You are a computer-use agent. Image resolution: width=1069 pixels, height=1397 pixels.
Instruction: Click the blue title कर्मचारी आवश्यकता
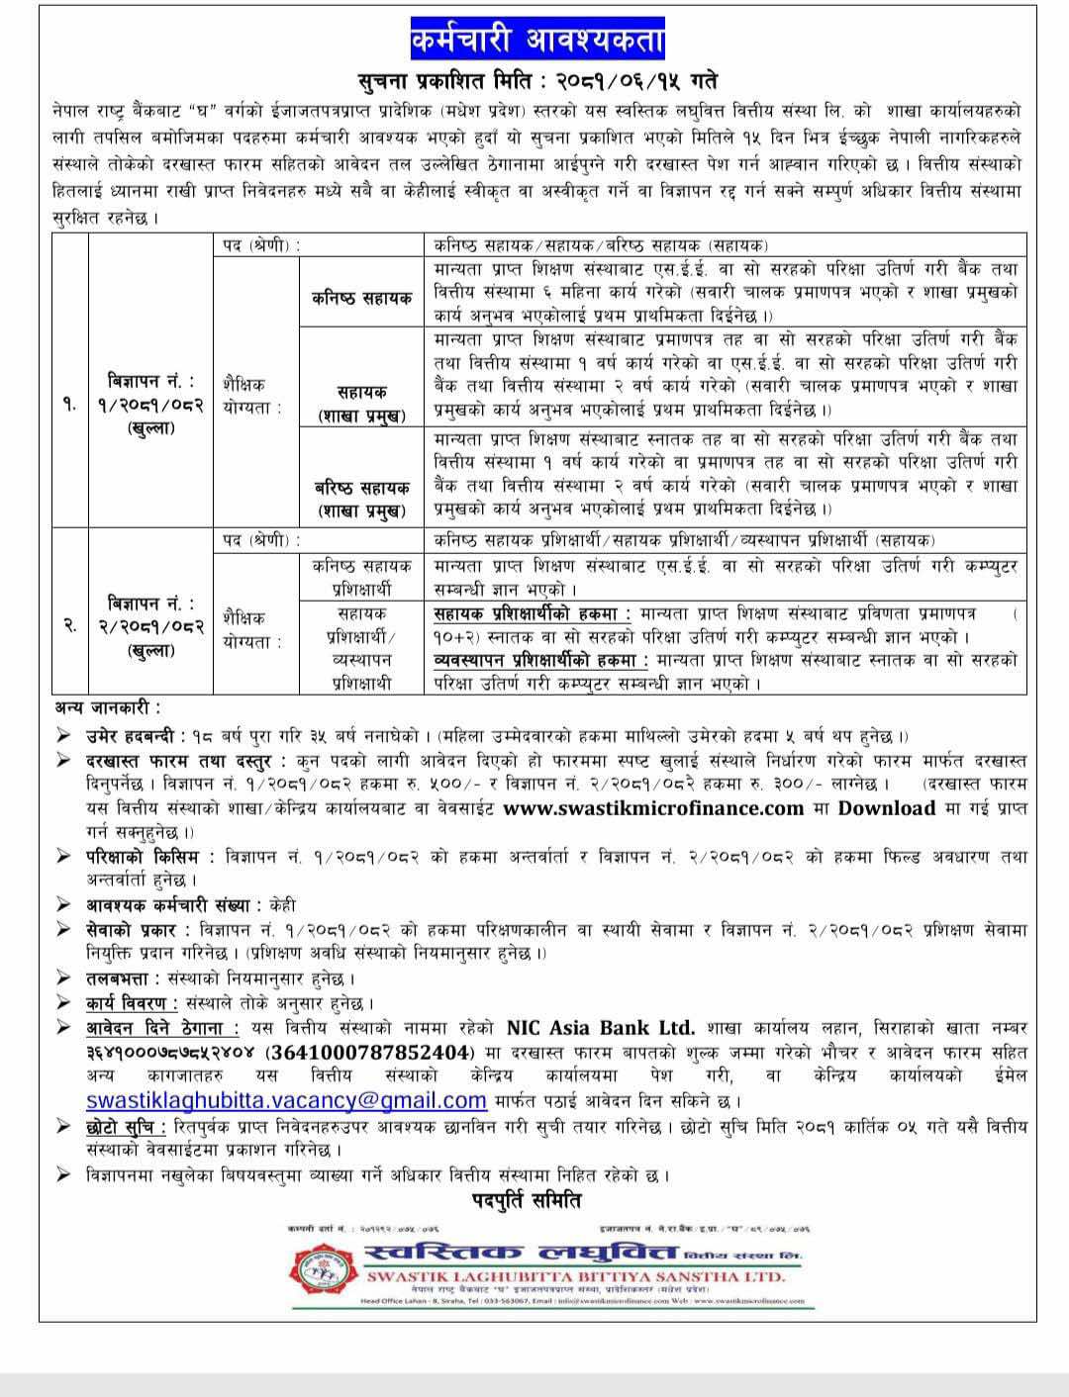(537, 42)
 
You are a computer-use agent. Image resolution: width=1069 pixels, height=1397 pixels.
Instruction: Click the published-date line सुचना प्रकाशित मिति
(537, 80)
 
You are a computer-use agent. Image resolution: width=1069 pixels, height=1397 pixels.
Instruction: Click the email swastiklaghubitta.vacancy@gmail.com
(286, 1099)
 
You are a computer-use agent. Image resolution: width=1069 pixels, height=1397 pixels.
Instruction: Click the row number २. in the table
(70, 625)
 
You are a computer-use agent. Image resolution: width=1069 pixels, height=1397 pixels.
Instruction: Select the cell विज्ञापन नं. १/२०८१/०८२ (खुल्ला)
(150, 405)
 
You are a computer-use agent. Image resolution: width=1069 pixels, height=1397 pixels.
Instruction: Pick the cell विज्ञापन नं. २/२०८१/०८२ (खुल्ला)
(150, 625)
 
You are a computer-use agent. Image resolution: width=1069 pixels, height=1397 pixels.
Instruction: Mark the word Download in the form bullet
(887, 807)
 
